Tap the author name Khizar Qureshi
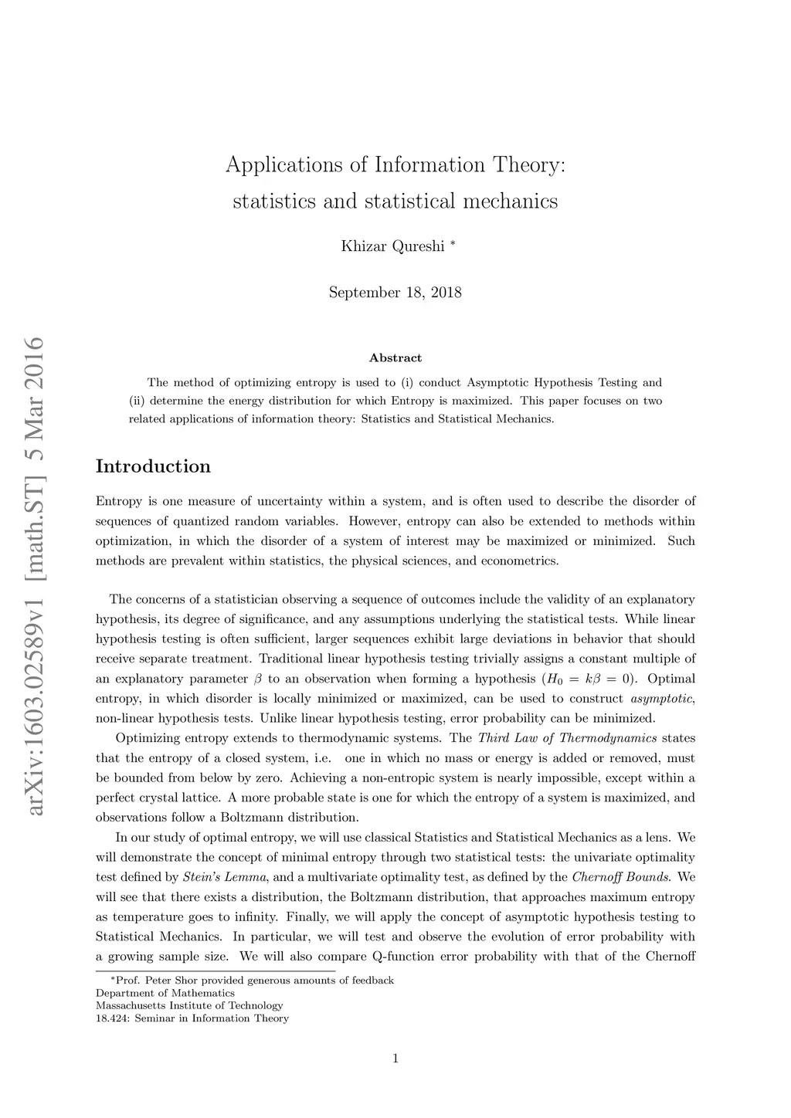(393, 246)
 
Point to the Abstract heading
(395, 358)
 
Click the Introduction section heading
(153, 466)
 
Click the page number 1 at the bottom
(395, 1059)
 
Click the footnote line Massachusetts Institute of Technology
(189, 1005)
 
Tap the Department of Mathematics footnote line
(165, 993)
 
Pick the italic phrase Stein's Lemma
(225, 877)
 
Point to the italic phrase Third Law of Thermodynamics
(568, 739)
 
